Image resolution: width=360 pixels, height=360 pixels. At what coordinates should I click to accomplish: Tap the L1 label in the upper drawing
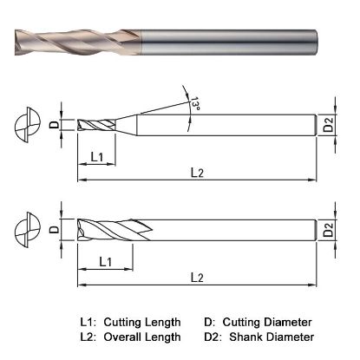98,157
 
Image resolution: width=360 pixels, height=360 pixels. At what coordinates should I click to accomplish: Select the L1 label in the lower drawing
104,260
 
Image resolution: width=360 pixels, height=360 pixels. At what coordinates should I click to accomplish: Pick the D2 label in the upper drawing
328,127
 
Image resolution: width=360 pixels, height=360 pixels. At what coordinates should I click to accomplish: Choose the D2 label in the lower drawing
328,231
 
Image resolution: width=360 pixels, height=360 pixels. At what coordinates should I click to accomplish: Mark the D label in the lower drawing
55,231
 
